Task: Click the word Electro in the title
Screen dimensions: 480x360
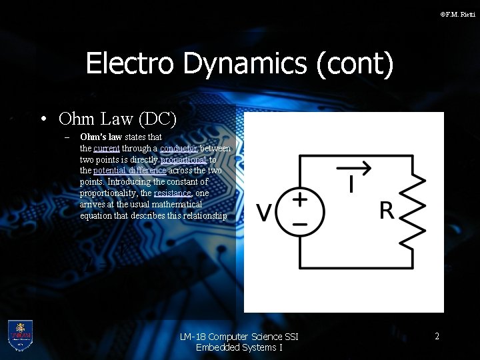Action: [x=130, y=63]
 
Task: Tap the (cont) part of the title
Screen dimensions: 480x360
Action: [x=355, y=64]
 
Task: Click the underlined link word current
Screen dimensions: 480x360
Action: [x=107, y=148]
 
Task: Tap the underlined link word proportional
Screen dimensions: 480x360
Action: [x=183, y=159]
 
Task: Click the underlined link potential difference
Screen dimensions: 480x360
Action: [x=129, y=171]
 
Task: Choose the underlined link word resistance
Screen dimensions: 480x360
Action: [x=172, y=193]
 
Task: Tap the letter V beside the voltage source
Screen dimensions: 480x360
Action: [x=264, y=213]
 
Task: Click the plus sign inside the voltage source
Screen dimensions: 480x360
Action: [x=300, y=198]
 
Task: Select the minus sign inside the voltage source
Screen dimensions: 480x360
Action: [x=300, y=225]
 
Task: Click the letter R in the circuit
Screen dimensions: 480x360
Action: [x=386, y=211]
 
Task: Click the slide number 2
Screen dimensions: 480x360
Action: [x=437, y=337]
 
